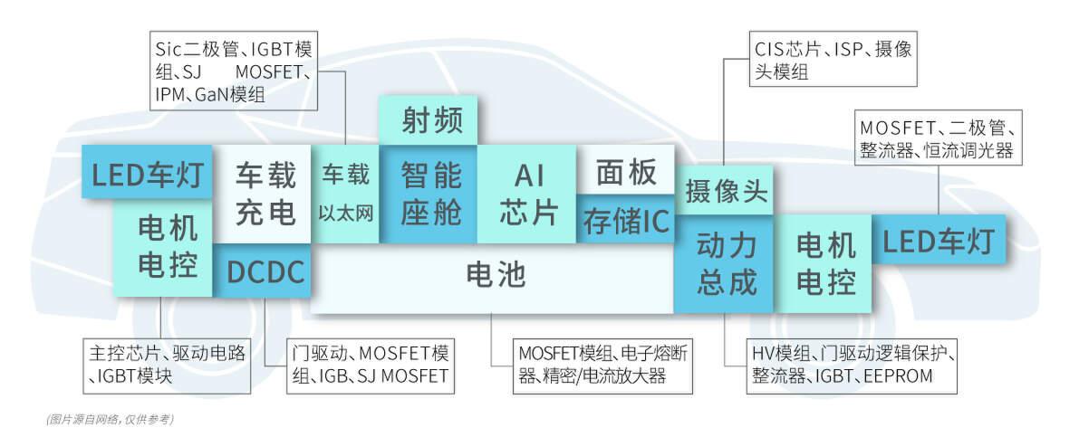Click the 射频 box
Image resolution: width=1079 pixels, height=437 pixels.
[x=428, y=119]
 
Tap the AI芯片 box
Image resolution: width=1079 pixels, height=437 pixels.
[x=526, y=194]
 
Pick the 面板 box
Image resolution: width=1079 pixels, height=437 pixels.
[x=626, y=170]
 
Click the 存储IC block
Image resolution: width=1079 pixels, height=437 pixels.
[x=626, y=220]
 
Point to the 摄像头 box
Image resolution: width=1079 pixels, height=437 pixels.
[x=725, y=191]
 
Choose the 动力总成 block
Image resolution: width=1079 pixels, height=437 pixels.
[x=726, y=263]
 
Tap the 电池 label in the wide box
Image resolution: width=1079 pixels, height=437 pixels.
[x=495, y=273]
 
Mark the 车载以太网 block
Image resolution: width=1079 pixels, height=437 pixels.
[x=345, y=194]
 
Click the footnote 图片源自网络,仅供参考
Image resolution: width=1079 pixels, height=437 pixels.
[x=110, y=419]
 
